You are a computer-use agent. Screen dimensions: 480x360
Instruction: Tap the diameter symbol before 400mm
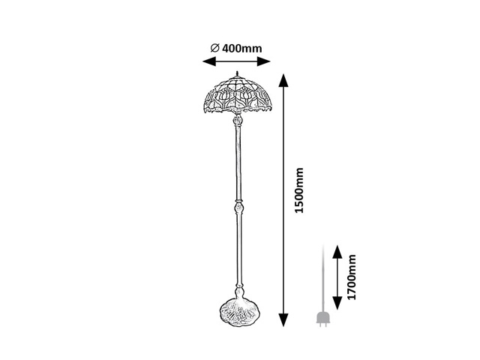(215, 48)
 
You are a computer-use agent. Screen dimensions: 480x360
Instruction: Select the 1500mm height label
(298, 190)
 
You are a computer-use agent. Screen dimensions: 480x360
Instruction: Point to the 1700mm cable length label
(352, 277)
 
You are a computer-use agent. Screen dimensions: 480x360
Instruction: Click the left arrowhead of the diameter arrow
(209, 61)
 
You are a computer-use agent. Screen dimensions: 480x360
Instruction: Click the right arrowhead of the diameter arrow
(263, 61)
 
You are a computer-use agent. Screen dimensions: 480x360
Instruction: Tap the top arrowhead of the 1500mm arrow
(283, 80)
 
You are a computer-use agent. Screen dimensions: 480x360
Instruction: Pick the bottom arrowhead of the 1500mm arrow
(283, 320)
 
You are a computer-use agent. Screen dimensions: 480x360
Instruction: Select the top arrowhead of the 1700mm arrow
(337, 252)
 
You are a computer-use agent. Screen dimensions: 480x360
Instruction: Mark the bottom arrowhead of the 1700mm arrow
(337, 303)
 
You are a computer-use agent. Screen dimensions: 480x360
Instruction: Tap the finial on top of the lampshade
(237, 73)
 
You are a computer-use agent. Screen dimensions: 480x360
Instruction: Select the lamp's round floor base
(240, 312)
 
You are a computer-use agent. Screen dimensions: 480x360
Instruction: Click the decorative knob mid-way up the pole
(238, 207)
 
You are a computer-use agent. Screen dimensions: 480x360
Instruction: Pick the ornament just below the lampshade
(238, 119)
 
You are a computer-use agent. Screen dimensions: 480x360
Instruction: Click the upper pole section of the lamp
(238, 163)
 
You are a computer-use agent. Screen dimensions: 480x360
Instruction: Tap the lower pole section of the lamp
(239, 249)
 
